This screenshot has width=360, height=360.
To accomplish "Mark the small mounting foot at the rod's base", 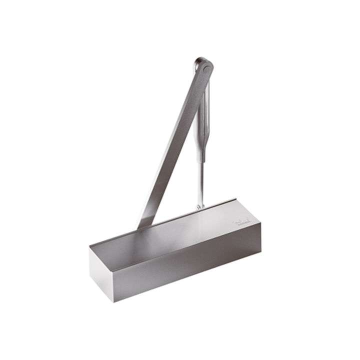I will click(200, 205).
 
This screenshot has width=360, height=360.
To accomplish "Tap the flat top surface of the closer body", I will click(175, 232).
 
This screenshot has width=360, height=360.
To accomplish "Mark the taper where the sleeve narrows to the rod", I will click(201, 159).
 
